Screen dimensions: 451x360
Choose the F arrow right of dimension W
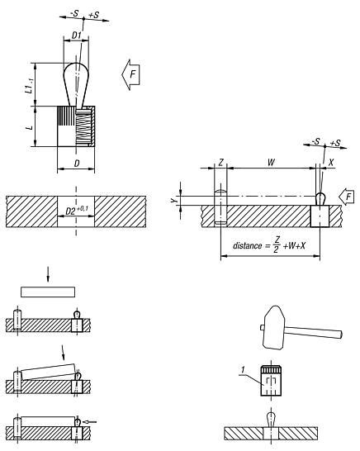[348, 198]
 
